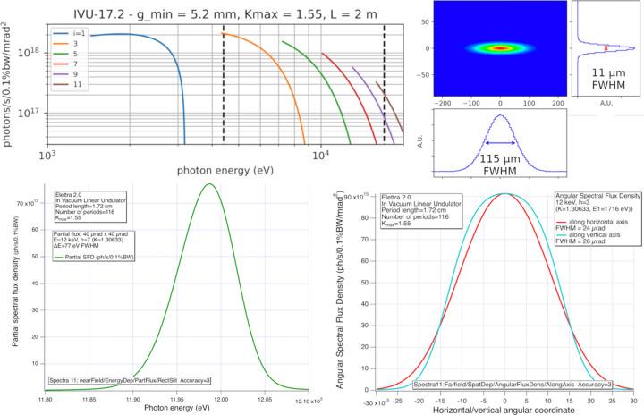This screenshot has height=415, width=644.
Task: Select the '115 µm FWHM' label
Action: pyautogui.click(x=500, y=165)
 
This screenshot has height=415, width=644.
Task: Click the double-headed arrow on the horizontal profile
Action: pyautogui.click(x=500, y=141)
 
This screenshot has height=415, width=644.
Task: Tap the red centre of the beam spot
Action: pyautogui.click(x=501, y=47)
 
